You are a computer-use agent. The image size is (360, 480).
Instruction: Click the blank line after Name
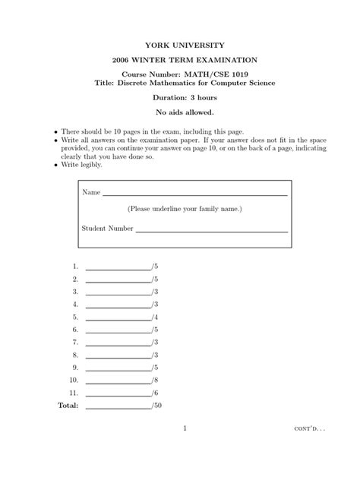click(x=195, y=194)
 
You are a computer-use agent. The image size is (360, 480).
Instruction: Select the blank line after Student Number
click(x=211, y=229)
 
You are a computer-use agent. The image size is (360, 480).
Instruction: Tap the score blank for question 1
click(x=118, y=268)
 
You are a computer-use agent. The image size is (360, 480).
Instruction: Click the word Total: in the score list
click(x=68, y=406)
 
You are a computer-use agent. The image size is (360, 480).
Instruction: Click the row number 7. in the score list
click(x=75, y=343)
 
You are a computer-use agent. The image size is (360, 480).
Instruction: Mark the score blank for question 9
click(x=118, y=369)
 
